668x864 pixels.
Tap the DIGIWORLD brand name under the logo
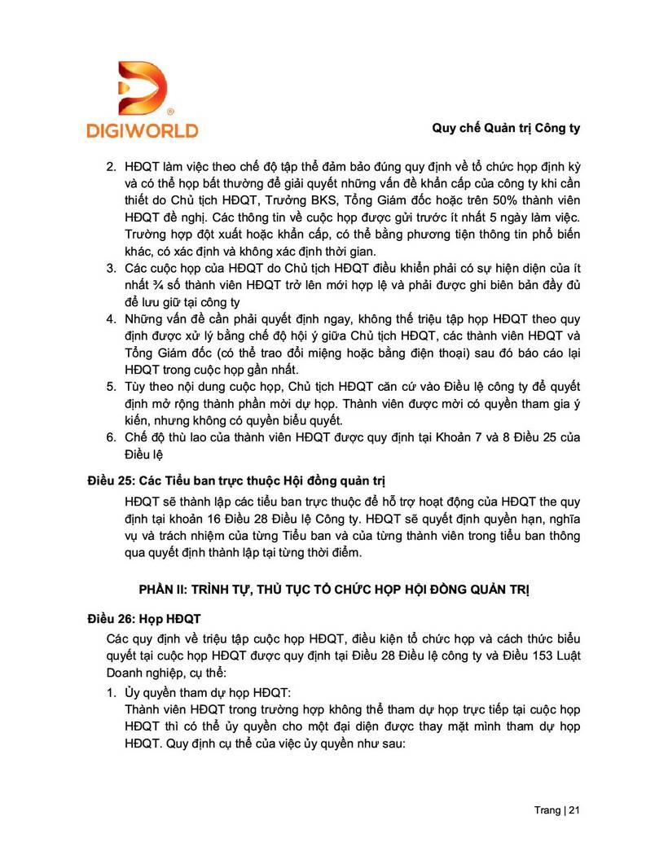click(142, 130)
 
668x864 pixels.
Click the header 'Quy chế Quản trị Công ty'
click(505, 129)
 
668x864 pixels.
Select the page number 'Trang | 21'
click(556, 810)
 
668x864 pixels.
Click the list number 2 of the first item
click(112, 166)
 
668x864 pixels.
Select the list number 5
click(112, 385)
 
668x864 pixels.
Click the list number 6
click(112, 437)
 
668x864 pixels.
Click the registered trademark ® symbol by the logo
click(169, 111)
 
